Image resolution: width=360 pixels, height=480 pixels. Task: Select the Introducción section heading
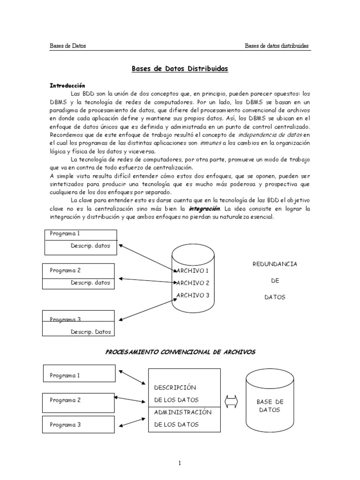point(67,86)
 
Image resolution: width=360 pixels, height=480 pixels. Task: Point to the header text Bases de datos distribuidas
point(277,46)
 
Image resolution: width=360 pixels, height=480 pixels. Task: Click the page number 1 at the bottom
point(180,464)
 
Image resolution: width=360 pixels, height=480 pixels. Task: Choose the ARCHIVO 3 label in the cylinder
point(192,295)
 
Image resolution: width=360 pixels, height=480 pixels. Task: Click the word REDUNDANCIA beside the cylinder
point(275,264)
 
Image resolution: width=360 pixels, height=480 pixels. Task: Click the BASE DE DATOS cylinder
point(269,406)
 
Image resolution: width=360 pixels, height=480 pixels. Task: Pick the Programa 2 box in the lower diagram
point(78,401)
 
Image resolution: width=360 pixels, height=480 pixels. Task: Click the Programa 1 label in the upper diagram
point(65,234)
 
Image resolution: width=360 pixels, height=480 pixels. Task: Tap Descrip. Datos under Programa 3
point(91,332)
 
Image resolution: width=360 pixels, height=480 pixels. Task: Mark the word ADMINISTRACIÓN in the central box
point(183,412)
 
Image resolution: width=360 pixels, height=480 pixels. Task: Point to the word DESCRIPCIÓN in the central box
point(175,388)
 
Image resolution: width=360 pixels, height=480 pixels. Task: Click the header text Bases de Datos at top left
point(67,46)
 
